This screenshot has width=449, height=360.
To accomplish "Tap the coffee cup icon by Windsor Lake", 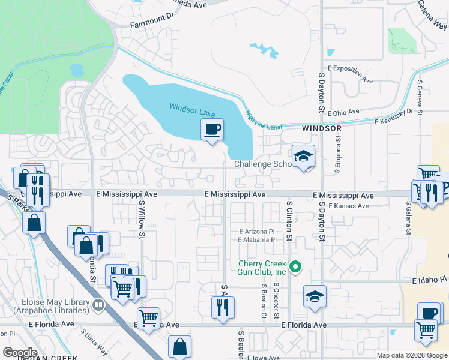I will [x=212, y=130].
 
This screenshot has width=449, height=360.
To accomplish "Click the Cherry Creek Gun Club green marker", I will [x=295, y=266].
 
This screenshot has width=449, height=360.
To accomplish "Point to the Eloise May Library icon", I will [x=98, y=305].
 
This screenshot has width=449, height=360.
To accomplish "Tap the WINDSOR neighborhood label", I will [x=322, y=128].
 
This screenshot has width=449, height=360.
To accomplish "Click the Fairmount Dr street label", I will [x=151, y=26].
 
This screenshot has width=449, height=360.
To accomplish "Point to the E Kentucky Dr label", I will [x=394, y=116].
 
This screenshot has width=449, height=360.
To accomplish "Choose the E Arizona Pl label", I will [x=256, y=231].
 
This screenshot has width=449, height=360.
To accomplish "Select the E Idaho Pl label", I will [x=430, y=280].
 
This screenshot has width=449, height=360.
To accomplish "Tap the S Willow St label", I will [x=143, y=219].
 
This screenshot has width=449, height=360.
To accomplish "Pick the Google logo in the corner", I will [x=20, y=352].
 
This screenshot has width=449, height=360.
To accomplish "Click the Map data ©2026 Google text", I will [x=412, y=355].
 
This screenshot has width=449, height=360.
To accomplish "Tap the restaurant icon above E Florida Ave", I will [x=223, y=307].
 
